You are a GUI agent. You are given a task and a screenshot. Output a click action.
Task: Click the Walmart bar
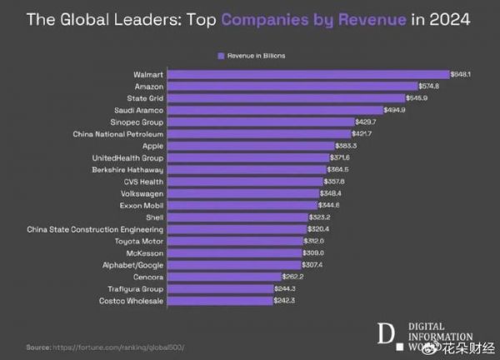(308, 74)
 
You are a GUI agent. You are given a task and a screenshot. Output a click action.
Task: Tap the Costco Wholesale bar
(220, 300)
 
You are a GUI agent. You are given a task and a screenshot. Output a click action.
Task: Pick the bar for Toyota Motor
(235, 240)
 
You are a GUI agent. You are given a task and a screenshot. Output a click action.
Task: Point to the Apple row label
(153, 145)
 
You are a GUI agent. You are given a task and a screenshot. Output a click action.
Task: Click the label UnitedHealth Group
(127, 157)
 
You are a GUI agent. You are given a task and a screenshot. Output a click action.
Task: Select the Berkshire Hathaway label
(127, 169)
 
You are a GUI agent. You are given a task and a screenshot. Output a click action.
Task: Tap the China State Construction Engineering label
(96, 228)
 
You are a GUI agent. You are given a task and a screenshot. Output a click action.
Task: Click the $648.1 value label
(461, 74)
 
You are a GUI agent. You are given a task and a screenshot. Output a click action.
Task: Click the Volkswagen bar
(242, 192)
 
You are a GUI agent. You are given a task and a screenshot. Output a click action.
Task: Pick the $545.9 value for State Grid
(416, 97)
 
